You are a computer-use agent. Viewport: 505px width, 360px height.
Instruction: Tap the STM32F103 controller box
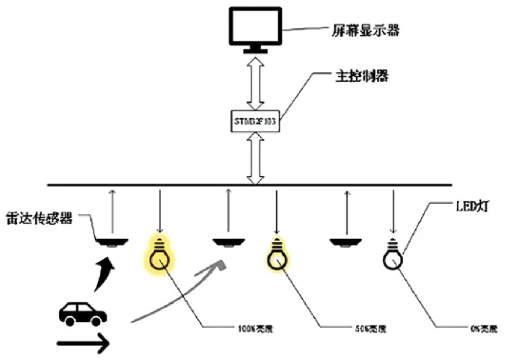[x=255, y=121]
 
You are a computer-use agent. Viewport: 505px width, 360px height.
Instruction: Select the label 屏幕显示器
[x=365, y=30]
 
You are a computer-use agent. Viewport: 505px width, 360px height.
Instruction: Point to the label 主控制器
[x=362, y=76]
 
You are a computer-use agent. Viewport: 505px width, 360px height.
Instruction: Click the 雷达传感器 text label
[x=39, y=219]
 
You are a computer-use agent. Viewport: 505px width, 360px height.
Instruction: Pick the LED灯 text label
[x=472, y=206]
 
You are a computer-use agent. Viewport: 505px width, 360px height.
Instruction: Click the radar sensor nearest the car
[x=112, y=242]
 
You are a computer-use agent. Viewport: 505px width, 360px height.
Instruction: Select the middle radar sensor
[x=229, y=242]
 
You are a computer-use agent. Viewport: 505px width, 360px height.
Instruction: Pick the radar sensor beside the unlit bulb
[x=345, y=242]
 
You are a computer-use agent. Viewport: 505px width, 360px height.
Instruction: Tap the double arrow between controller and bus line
[x=255, y=159]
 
